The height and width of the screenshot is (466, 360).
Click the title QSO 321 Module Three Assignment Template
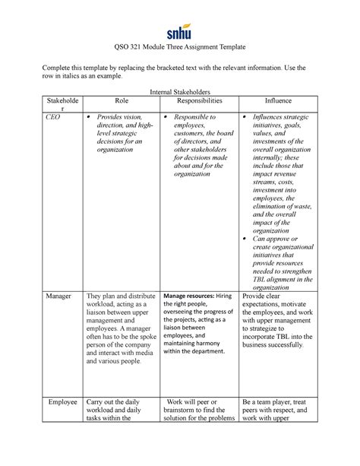(x=180, y=47)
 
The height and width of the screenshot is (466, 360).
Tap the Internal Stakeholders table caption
(x=180, y=90)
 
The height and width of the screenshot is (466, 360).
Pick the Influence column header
(x=277, y=100)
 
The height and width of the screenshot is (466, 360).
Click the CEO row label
(x=52, y=118)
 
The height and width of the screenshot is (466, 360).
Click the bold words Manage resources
(x=189, y=296)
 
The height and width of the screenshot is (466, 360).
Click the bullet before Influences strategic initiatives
(x=245, y=118)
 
